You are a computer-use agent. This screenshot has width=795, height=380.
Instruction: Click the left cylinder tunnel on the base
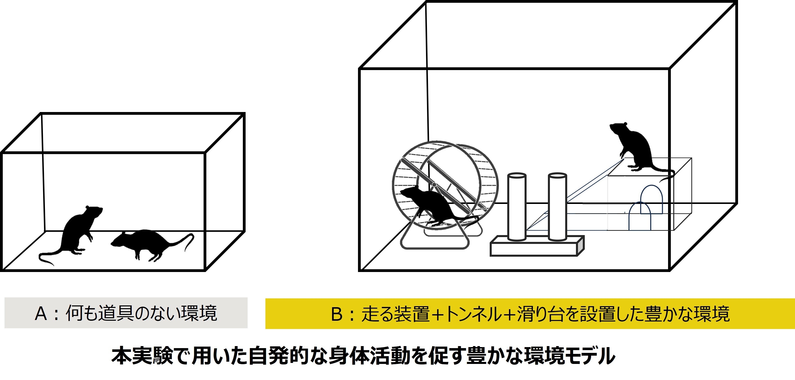pyautogui.click(x=517, y=207)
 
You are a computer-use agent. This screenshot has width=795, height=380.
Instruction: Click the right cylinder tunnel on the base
pyautogui.click(x=557, y=207)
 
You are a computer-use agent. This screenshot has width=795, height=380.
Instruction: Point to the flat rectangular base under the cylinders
pyautogui.click(x=537, y=247)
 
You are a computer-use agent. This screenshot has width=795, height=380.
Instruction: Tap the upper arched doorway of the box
pyautogui.click(x=652, y=199)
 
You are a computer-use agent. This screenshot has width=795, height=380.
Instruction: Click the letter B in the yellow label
pyautogui.click(x=337, y=314)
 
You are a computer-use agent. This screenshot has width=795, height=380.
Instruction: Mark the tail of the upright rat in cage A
pyautogui.click(x=49, y=256)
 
